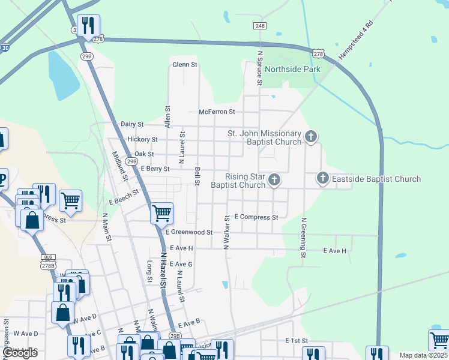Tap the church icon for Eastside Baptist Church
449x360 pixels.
point(323,178)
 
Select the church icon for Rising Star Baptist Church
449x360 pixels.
point(274,179)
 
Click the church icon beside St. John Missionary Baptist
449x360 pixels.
point(311,137)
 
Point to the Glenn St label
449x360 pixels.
point(185,64)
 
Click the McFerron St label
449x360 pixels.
point(217,112)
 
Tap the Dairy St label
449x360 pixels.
point(132,124)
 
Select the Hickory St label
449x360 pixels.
point(142,139)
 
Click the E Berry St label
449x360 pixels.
point(155,169)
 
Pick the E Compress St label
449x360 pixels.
point(256,217)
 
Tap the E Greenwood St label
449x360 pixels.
point(189,232)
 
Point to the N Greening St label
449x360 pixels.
point(304,238)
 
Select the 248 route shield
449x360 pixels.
point(259,26)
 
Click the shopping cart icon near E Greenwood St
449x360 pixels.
point(161,212)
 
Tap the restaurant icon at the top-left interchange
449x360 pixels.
point(89,25)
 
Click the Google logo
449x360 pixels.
point(20,353)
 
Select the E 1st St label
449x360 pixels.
point(297,340)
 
